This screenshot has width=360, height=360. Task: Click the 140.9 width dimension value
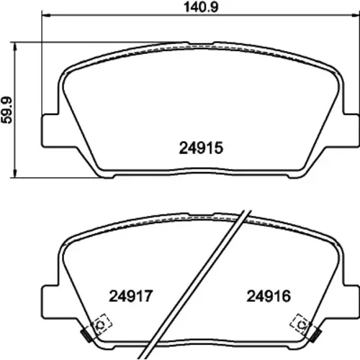coord(201,7)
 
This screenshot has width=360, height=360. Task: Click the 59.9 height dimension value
coord(6,110)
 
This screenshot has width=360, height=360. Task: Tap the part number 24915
coord(201,148)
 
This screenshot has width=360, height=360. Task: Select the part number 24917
coord(131,296)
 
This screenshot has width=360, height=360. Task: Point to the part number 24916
coord(269,296)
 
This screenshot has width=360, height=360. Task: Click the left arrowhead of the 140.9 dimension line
coord(46,15)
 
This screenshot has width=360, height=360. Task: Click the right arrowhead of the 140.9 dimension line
coord(355,15)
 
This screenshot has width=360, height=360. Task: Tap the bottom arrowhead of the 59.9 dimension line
coord(15,174)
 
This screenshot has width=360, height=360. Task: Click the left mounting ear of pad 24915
coord(50,131)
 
